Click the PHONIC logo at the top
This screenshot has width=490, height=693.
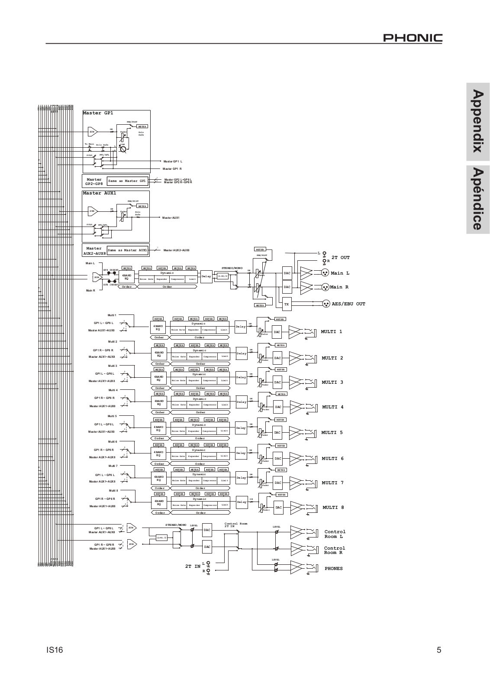coord(413,38)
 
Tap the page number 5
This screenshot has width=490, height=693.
coord(439,650)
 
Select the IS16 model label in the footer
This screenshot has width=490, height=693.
coord(55,650)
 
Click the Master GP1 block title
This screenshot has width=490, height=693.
coord(98,113)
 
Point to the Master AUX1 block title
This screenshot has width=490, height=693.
coord(100,193)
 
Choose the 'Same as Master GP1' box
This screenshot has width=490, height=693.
coord(127,181)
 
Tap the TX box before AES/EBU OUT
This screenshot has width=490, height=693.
coord(287,304)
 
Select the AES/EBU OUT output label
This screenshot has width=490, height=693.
coord(348,304)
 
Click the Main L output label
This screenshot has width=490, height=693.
coord(340,273)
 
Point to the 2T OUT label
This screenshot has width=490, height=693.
coord(341,258)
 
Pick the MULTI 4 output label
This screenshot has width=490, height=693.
coord(333,407)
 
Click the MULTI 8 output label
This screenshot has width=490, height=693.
coord(333,508)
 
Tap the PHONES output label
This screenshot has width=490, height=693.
coord(333,569)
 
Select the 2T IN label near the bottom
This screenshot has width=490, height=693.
coord(193,566)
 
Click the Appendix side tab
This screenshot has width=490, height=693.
coord(478,121)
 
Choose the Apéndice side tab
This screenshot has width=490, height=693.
coord(478,199)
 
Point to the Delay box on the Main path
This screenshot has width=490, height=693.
coord(206,276)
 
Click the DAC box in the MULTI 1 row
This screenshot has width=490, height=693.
coord(277,332)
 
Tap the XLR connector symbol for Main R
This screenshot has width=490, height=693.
coord(326,287)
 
